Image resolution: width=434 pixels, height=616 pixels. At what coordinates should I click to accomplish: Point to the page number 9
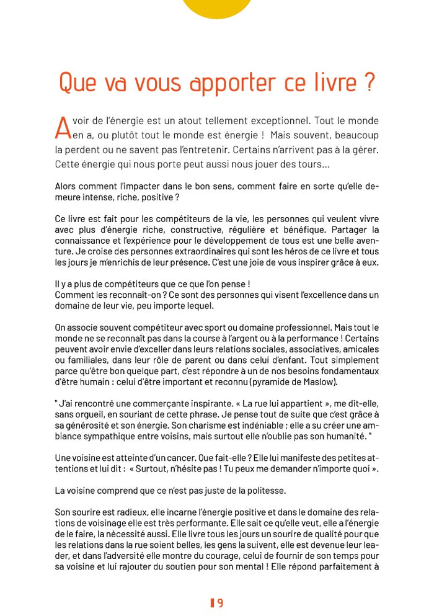[220, 602]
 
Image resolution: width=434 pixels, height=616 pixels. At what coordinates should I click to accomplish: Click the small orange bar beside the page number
[212, 602]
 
